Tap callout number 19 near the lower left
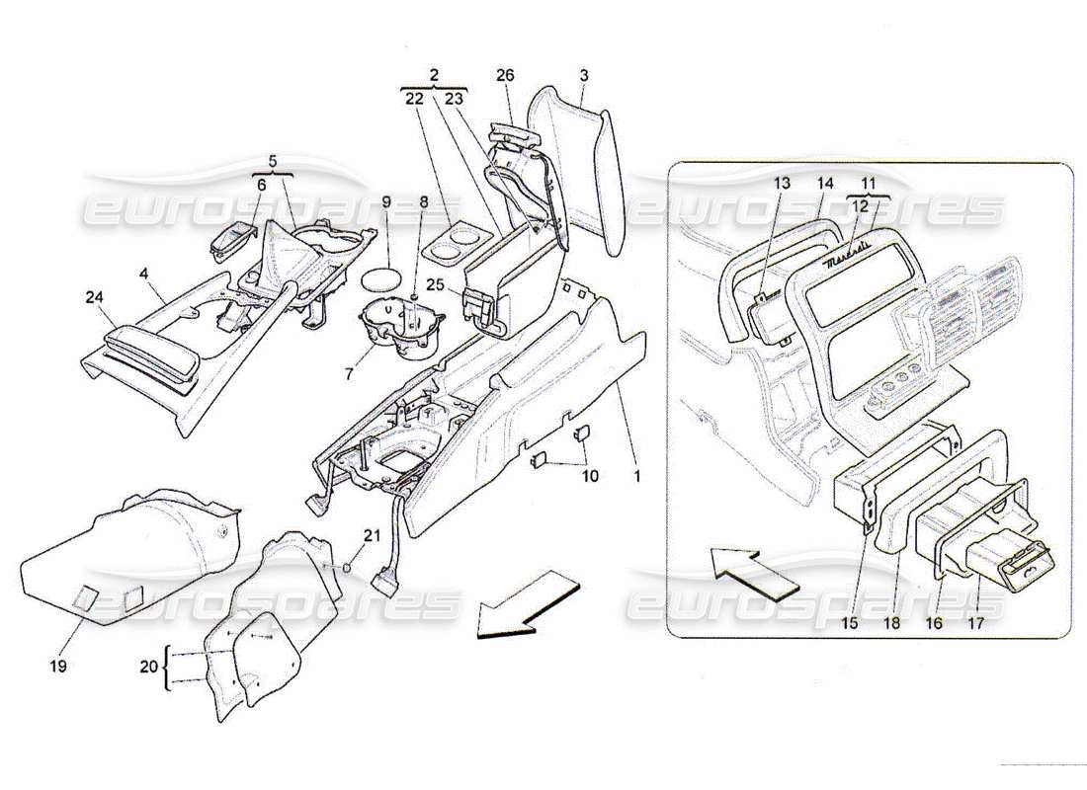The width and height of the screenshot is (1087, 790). pyautogui.click(x=57, y=668)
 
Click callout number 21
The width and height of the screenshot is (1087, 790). pyautogui.click(x=371, y=536)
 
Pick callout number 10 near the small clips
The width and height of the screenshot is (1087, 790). pyautogui.click(x=590, y=476)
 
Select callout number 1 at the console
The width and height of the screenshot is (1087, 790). pyautogui.click(x=637, y=476)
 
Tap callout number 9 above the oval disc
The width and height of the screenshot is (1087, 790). pyautogui.click(x=387, y=202)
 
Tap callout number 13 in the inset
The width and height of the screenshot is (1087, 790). pyautogui.click(x=783, y=184)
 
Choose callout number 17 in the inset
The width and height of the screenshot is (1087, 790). pyautogui.click(x=978, y=624)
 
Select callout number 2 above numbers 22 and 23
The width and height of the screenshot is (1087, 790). pyautogui.click(x=435, y=74)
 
